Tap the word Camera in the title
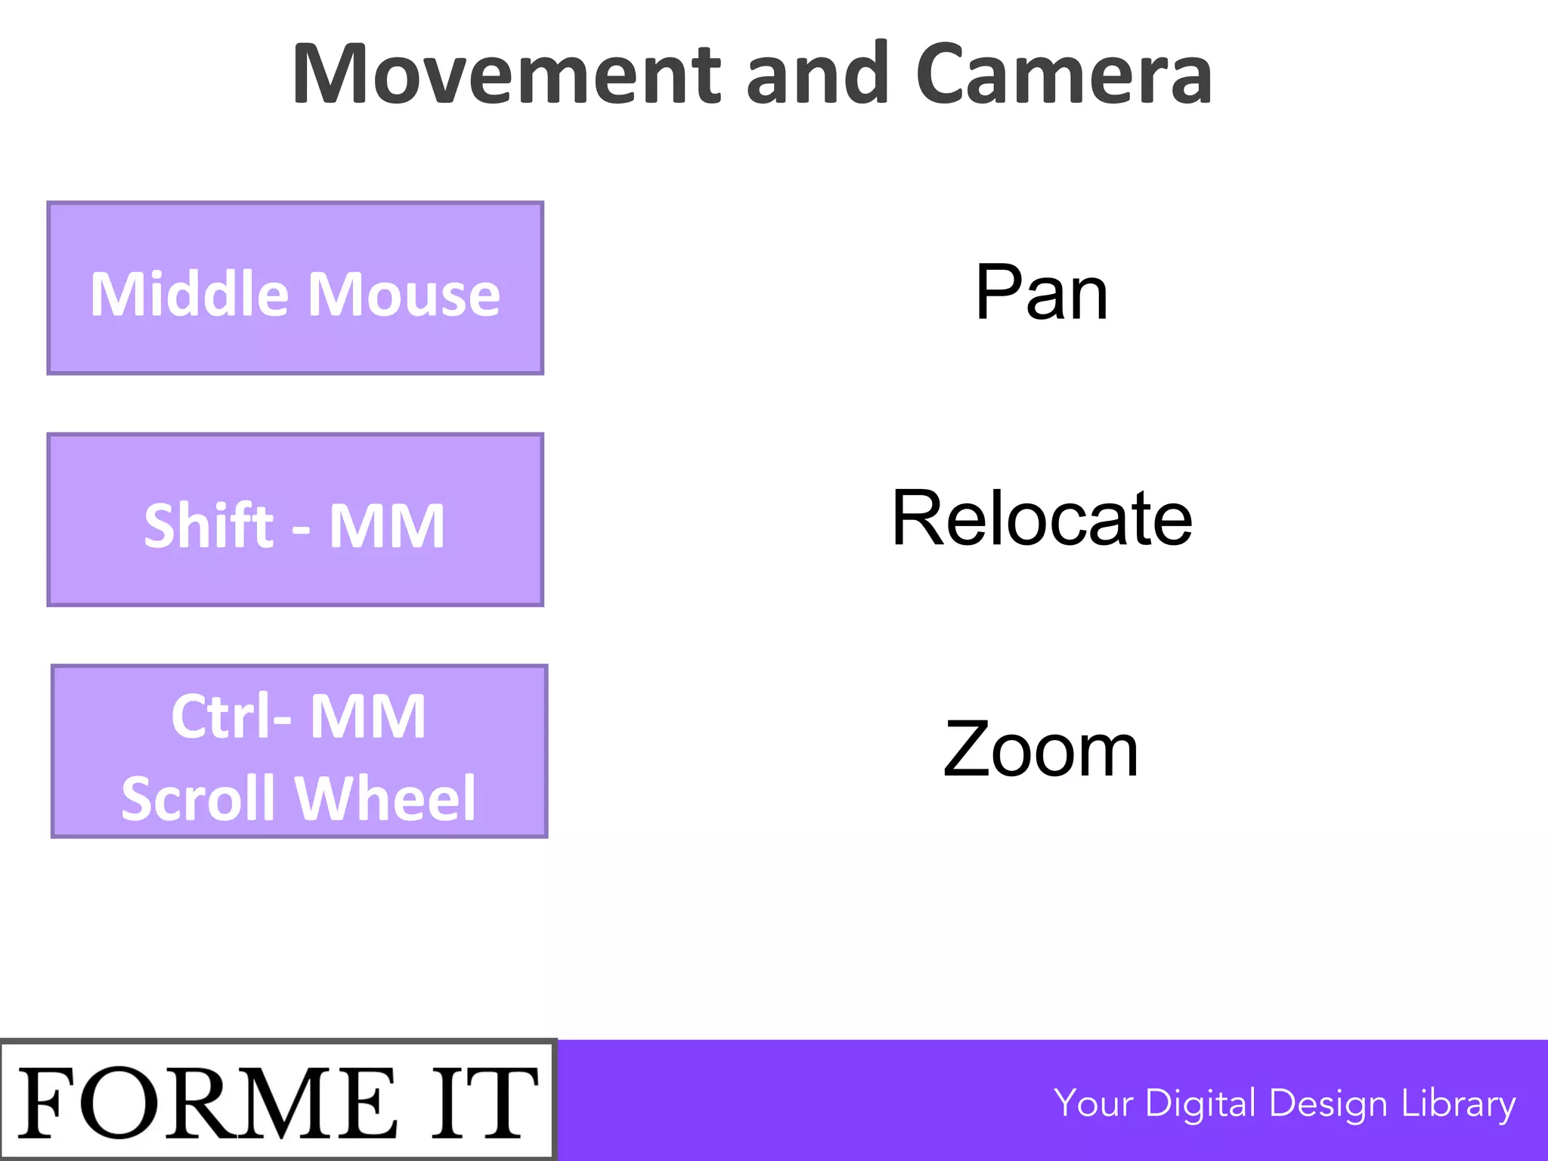coord(1063,74)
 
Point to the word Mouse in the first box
coord(404,295)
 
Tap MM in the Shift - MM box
coord(386,526)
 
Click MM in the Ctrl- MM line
coord(368,717)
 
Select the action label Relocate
coord(1042,519)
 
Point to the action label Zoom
coord(1041,750)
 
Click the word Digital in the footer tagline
coord(1200,1104)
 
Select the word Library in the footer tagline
coord(1458,1104)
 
